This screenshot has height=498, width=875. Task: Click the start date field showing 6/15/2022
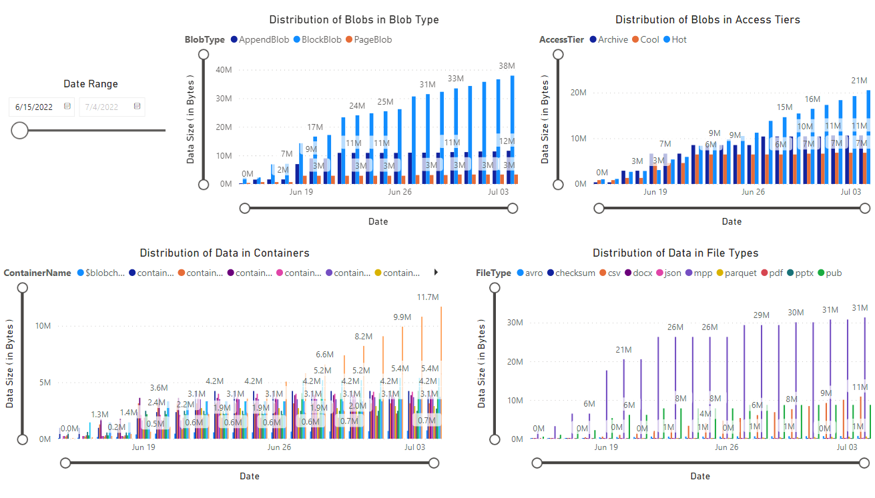pos(35,107)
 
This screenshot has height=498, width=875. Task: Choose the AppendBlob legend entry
pos(259,40)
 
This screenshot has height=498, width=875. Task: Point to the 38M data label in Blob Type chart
pos(507,66)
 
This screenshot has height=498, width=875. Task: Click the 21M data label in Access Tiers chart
pos(858,81)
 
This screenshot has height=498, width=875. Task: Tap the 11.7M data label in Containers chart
pos(428,297)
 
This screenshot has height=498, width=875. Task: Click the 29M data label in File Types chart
pos(761,315)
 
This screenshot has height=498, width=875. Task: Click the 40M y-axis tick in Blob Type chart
pos(224,69)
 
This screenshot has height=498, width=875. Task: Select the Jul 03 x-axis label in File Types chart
pos(846,447)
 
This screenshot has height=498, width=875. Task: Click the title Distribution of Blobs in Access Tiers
pos(707,20)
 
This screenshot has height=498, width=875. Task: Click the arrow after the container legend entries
pos(436,272)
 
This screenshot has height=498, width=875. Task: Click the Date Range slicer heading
pos(91,84)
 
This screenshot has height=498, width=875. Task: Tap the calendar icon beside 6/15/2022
pos(67,106)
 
